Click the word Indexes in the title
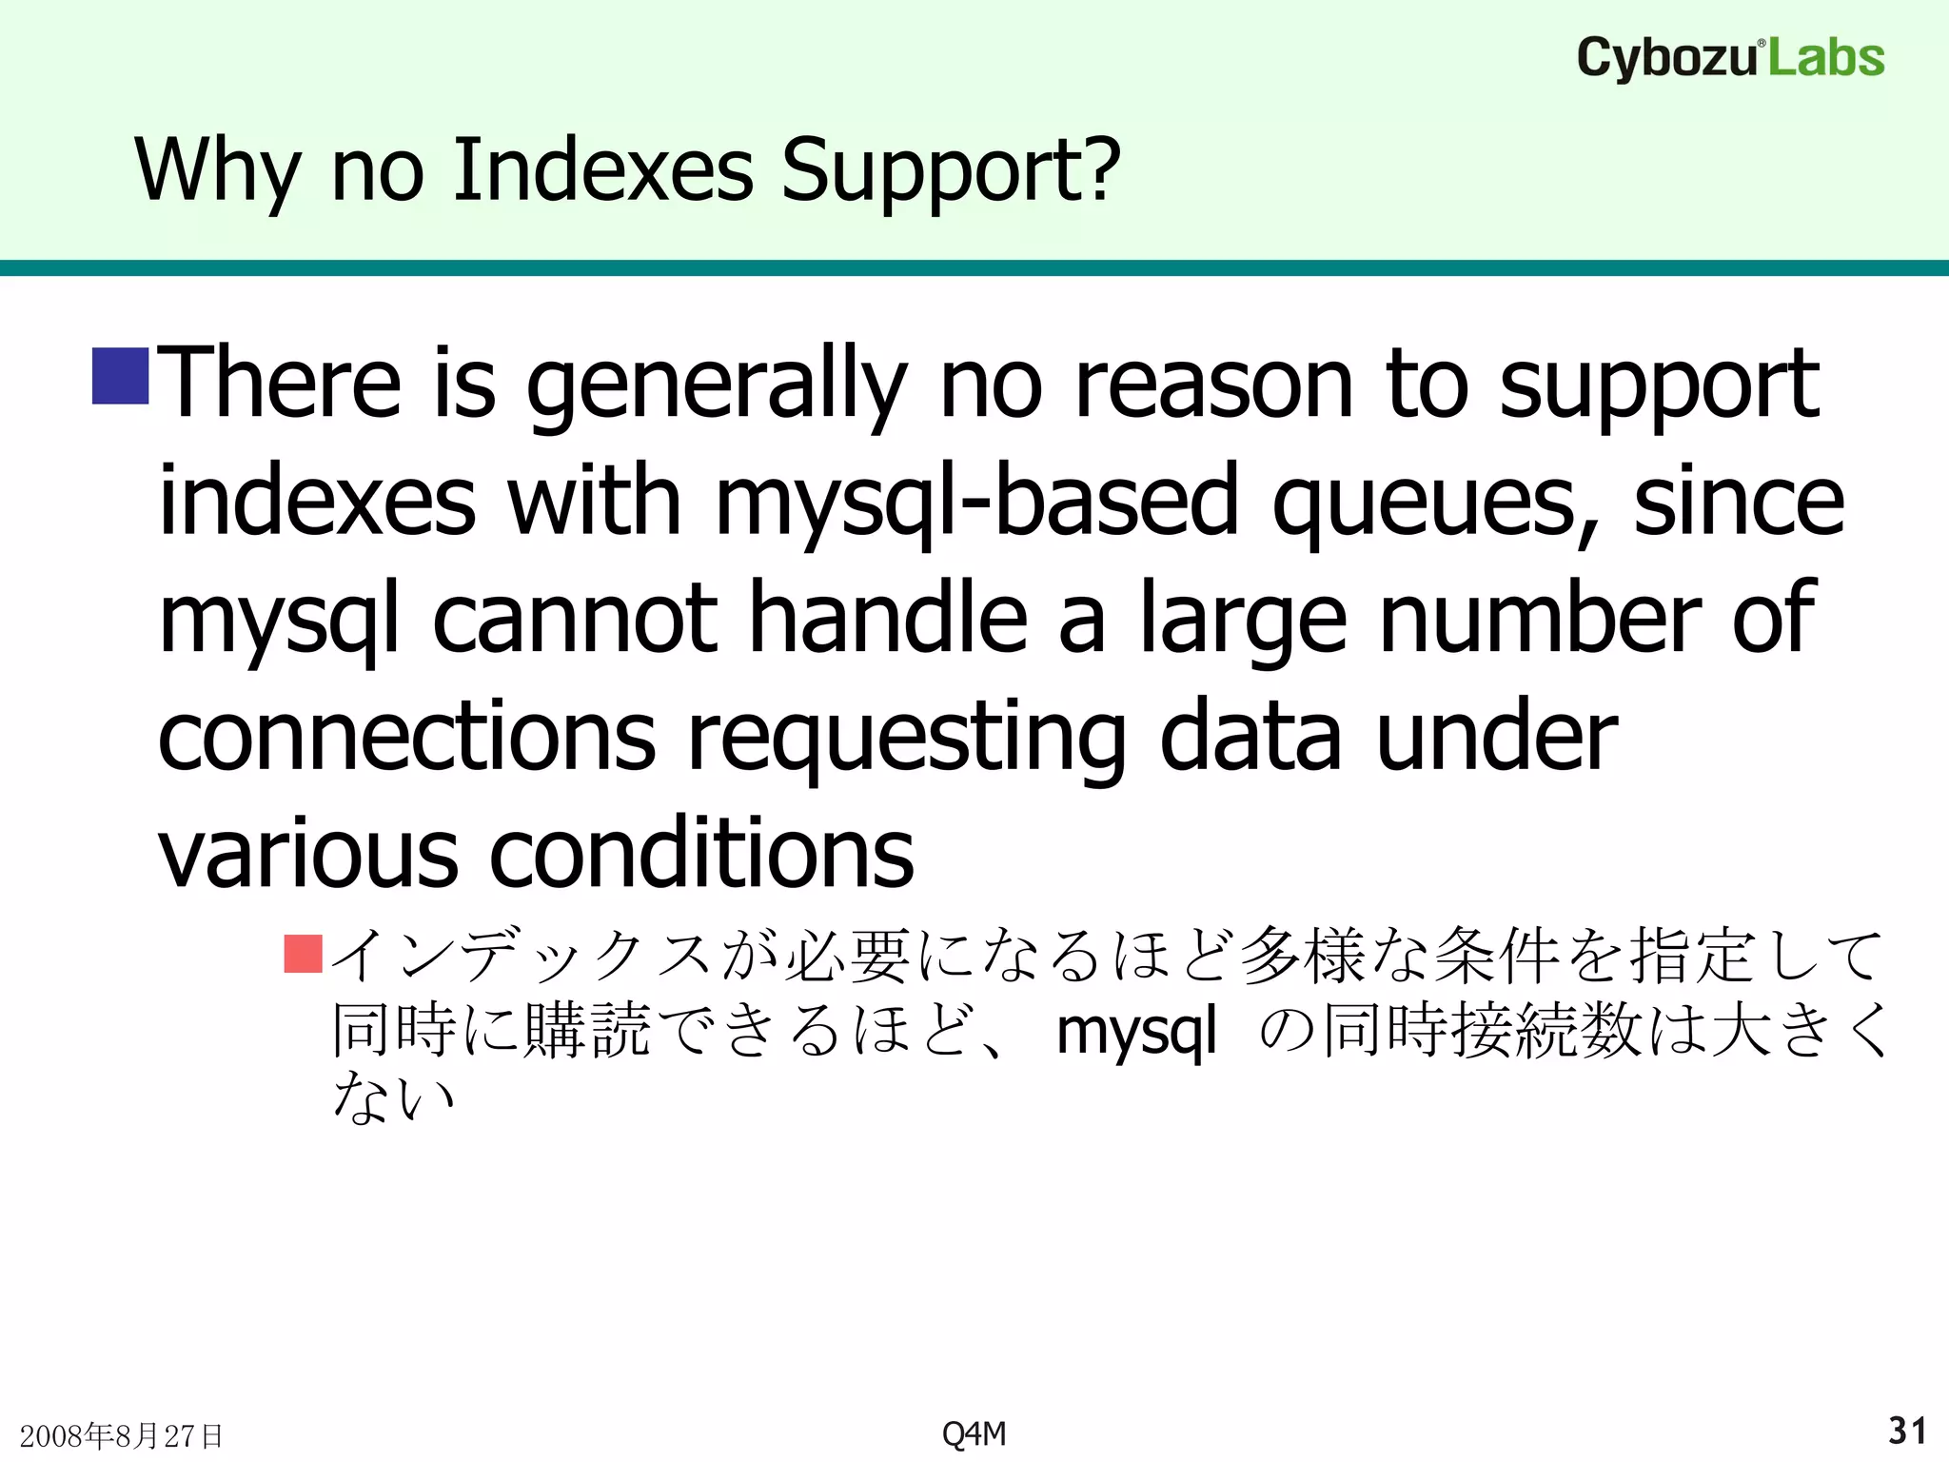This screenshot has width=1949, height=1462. (x=603, y=170)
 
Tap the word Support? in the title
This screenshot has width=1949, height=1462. (x=951, y=170)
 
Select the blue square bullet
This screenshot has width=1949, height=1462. (x=120, y=376)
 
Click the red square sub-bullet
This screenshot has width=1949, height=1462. (x=304, y=954)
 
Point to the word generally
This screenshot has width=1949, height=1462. (x=716, y=385)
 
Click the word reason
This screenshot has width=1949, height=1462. (x=1146, y=385)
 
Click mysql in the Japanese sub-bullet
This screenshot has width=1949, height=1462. (x=1136, y=1031)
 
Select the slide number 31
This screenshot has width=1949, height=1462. (x=1907, y=1431)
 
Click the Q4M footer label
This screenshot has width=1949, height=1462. (x=974, y=1433)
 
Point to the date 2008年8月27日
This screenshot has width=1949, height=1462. (x=121, y=1435)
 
